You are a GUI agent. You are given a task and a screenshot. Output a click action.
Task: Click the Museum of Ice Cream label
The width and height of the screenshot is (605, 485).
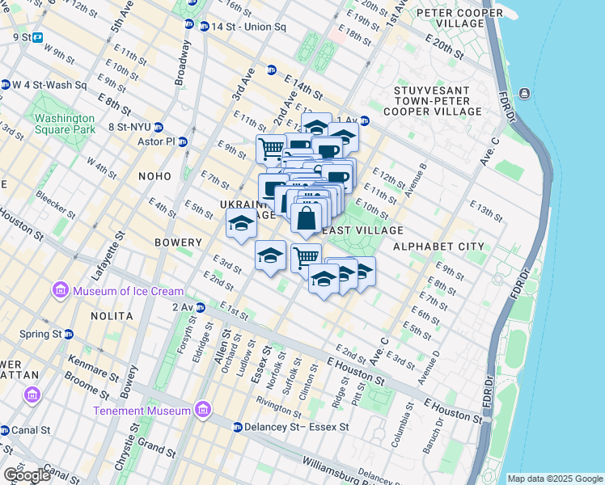(128, 291)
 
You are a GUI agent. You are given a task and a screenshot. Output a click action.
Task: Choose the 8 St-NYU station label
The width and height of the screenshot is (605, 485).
(128, 127)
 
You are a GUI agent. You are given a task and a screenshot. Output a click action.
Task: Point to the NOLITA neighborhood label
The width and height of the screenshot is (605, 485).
(112, 315)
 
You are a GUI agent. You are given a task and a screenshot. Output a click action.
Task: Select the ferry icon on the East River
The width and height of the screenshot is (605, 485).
(525, 94)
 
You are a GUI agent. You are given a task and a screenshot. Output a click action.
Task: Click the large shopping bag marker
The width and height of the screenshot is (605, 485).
(307, 218)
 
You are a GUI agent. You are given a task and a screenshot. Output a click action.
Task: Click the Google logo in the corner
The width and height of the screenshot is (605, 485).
(27, 475)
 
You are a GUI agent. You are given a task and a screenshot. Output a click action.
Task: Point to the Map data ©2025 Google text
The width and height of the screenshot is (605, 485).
(554, 479)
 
